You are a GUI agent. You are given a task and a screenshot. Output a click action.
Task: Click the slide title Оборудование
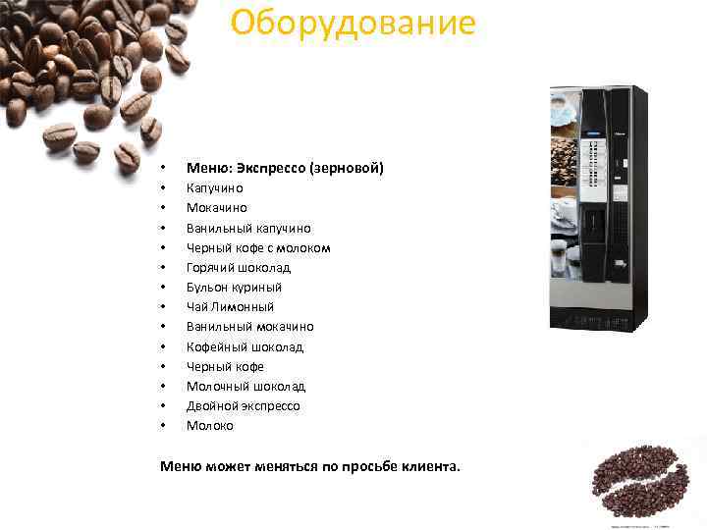click(x=353, y=22)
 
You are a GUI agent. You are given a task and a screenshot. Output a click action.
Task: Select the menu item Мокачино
click(x=216, y=208)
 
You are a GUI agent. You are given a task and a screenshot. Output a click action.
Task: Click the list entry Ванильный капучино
click(x=248, y=228)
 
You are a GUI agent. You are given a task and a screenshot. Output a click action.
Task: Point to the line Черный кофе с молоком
click(x=258, y=247)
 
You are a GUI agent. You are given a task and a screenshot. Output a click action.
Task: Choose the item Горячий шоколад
click(x=239, y=267)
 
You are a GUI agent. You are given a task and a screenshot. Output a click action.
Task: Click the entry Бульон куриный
click(x=234, y=287)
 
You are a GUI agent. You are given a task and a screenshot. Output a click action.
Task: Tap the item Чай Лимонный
click(x=230, y=306)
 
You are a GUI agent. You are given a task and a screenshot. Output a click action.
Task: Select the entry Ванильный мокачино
click(x=249, y=326)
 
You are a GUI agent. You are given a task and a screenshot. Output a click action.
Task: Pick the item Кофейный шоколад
click(x=245, y=346)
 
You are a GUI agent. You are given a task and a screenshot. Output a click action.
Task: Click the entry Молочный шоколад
click(x=245, y=386)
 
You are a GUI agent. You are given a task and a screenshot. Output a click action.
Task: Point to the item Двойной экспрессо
click(x=243, y=405)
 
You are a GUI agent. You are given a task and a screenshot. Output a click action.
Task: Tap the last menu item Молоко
click(x=210, y=426)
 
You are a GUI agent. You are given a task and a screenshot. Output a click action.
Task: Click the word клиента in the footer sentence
click(x=429, y=466)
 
